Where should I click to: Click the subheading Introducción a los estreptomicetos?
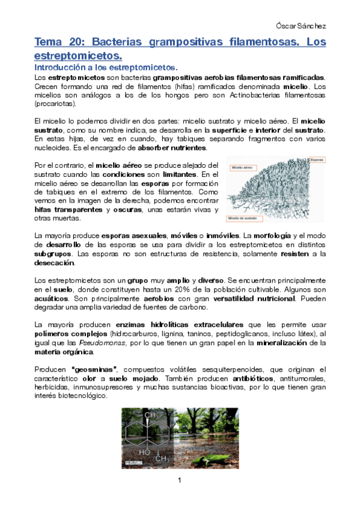coord(105,67)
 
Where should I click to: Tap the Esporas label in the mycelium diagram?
coord(317,160)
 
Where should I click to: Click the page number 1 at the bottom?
coord(180,481)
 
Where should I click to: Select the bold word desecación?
coord(55,263)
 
